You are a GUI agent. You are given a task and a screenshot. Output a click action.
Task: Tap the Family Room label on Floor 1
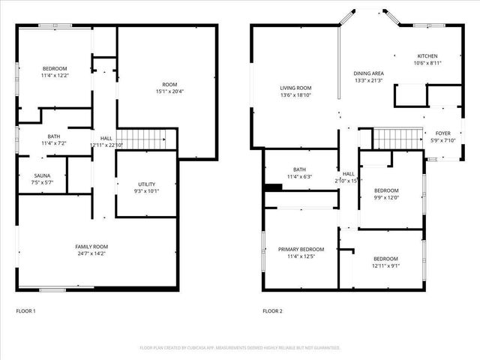pos(91,247)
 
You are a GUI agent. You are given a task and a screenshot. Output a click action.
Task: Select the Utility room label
pos(147,184)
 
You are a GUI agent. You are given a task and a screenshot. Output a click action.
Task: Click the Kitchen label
pos(427,56)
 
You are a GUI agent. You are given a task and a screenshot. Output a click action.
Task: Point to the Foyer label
pos(443,133)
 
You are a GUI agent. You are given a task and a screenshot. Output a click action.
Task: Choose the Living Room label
pos(295,88)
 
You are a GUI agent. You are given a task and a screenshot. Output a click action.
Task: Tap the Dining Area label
pos(368,73)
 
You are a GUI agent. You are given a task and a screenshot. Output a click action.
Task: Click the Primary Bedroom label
pos(301,249)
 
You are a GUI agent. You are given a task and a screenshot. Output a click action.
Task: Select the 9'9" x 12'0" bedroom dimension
pos(386,197)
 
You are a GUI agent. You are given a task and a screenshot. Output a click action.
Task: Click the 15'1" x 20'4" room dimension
pos(170,91)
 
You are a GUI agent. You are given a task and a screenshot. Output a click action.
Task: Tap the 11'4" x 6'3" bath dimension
pos(300,177)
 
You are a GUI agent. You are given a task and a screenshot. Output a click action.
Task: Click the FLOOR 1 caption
pos(25,310)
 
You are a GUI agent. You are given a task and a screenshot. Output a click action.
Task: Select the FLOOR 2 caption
pos(272,310)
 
